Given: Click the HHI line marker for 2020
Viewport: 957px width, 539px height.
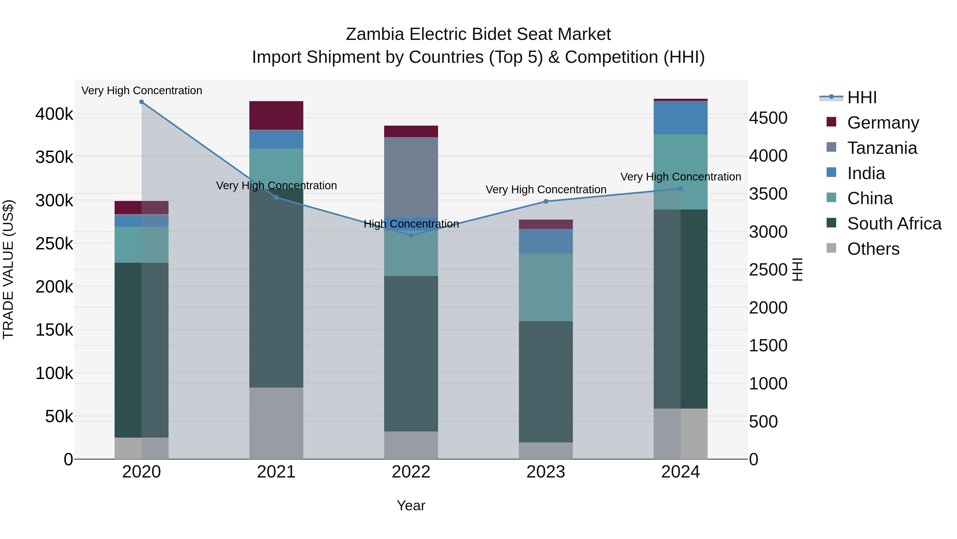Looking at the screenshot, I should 141,102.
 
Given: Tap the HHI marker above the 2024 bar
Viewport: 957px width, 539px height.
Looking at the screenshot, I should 681,189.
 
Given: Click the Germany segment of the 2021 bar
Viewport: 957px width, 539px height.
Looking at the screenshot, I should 276,115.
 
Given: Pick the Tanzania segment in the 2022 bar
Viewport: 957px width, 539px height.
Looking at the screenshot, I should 411,177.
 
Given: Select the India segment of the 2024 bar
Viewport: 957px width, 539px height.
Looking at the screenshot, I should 681,118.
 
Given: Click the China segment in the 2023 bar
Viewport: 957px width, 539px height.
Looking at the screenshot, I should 546,287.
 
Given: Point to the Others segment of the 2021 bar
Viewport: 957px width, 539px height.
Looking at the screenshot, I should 276,423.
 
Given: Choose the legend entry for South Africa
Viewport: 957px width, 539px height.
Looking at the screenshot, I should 894,224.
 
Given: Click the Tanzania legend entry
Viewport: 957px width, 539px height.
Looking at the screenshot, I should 882,148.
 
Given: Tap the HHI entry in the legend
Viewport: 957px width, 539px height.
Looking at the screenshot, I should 862,97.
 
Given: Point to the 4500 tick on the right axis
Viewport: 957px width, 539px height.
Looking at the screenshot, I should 767,118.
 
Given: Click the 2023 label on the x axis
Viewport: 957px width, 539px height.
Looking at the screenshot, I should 546,472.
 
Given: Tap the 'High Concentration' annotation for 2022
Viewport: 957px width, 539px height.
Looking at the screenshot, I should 411,224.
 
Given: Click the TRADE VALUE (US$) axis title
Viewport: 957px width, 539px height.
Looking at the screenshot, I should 9,269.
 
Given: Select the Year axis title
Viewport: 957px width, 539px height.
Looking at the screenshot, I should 411,505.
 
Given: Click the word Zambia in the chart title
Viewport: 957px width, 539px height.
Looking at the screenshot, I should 375,34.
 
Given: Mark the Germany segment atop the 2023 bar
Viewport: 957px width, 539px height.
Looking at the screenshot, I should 546,224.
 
